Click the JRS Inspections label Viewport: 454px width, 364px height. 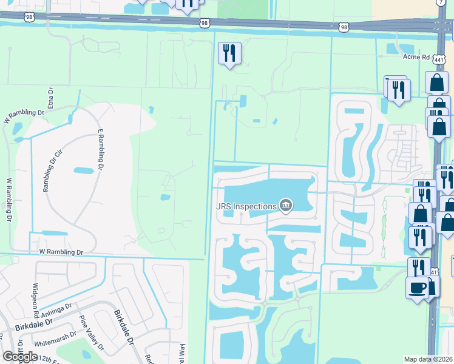(245, 206)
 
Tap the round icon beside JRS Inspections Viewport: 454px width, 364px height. (286, 207)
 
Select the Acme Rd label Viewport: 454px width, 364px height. (416, 58)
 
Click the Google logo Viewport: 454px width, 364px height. (20, 356)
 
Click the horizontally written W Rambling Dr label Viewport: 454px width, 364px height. (60, 251)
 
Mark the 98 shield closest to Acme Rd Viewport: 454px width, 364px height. (344, 27)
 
